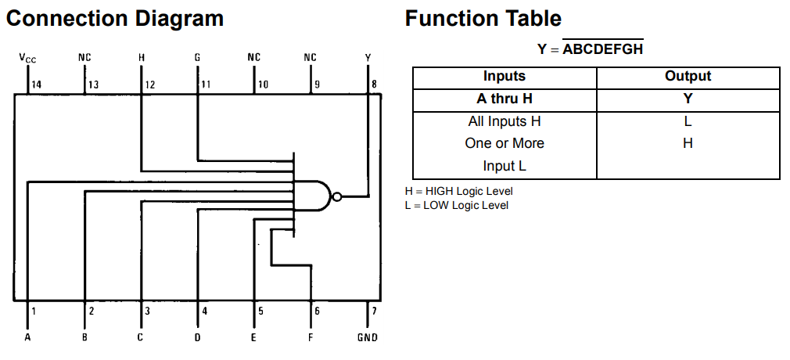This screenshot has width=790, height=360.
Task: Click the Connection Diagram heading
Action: [115, 19]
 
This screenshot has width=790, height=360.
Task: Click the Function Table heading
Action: [483, 19]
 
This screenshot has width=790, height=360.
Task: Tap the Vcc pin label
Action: [27, 58]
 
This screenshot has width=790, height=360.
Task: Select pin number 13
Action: [93, 85]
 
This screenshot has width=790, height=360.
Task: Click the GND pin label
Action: [367, 337]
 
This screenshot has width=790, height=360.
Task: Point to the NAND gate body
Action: [313, 196]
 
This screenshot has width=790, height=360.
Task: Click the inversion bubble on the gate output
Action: [336, 196]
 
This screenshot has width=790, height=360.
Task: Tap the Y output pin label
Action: [368, 57]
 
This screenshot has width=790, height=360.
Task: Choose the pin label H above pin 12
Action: [141, 57]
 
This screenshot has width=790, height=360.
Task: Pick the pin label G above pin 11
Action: [198, 57]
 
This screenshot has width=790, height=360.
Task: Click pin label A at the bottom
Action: [27, 337]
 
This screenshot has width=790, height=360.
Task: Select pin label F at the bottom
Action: [311, 337]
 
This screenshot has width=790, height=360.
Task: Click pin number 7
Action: [374, 311]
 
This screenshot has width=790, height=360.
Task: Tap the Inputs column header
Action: [505, 77]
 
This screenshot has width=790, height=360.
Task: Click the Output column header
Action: [688, 77]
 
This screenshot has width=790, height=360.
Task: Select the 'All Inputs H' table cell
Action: [505, 121]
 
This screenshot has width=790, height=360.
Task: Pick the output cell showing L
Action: [688, 121]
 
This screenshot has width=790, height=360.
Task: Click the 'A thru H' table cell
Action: [505, 99]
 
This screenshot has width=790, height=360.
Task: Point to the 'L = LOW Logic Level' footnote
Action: [457, 205]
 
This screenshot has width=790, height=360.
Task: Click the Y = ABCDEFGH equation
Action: [590, 49]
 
